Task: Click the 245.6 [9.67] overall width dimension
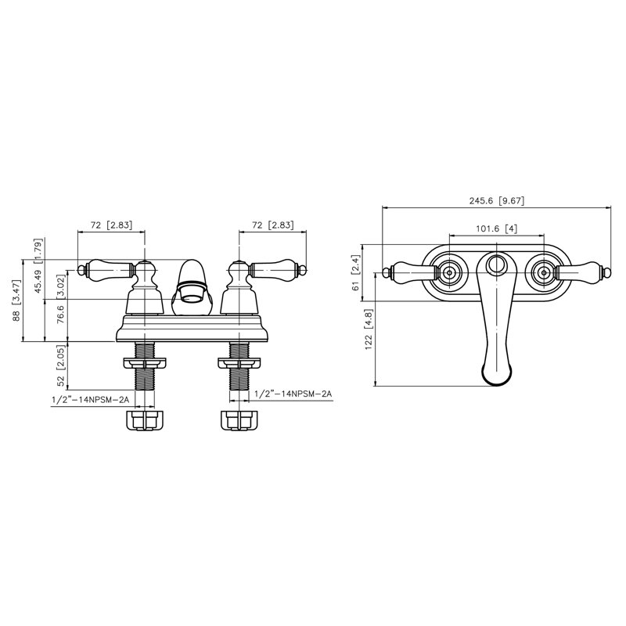[x=496, y=200]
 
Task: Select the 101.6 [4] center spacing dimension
[x=496, y=228]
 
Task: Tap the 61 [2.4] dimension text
[x=356, y=272]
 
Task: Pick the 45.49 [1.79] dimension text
[x=38, y=265]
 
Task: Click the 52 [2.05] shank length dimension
[x=61, y=365]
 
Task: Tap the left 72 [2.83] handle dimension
[x=111, y=225]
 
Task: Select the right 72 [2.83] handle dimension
[x=273, y=225]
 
